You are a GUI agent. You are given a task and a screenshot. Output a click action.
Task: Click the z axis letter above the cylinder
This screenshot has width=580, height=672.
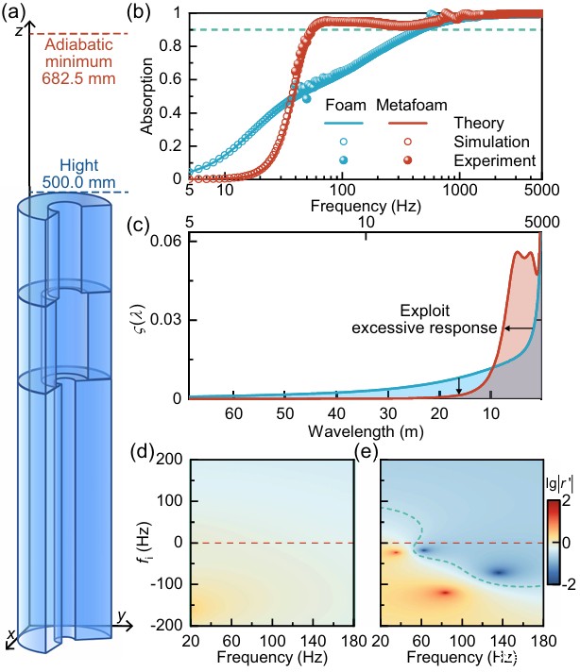[19, 29]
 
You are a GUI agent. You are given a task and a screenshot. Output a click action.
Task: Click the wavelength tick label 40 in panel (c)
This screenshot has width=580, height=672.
[335, 414]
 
